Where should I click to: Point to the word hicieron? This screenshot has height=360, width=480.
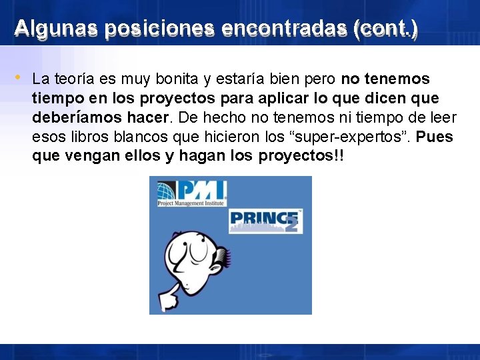point(230,137)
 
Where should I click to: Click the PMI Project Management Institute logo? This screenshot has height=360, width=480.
point(191,193)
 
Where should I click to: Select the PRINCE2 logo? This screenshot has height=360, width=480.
point(265,221)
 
